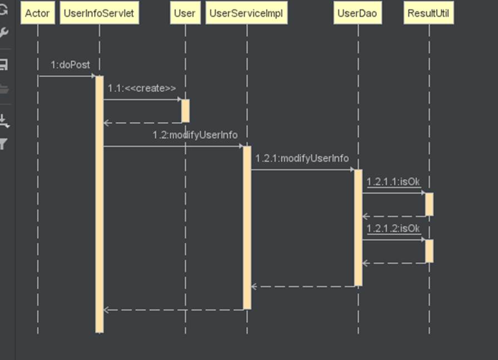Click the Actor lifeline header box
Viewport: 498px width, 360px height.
point(37,13)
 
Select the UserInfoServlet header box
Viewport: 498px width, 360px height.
point(99,13)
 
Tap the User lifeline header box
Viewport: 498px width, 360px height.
point(185,13)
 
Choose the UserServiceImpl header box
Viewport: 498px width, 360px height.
point(246,13)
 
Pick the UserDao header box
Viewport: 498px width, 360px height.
point(358,13)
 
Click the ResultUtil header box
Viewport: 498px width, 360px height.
point(428,13)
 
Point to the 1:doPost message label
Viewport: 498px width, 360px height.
point(70,65)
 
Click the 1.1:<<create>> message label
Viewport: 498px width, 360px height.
point(142,88)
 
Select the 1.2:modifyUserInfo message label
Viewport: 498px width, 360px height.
point(195,135)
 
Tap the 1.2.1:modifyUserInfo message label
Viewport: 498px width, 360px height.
point(302,159)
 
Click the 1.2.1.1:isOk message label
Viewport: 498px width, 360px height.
point(393,182)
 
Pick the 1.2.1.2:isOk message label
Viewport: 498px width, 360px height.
point(393,229)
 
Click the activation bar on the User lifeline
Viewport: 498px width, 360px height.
point(185,111)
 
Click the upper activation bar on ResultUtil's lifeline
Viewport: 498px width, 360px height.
point(429,204)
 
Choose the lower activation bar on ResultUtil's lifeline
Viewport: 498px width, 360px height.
point(429,251)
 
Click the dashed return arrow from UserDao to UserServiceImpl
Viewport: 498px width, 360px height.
point(303,287)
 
